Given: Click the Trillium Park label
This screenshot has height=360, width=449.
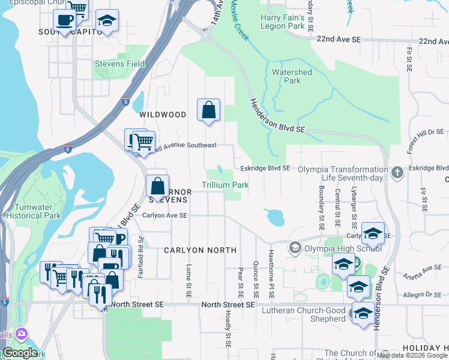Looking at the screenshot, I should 225,185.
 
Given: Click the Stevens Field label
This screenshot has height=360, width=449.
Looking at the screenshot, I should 119,64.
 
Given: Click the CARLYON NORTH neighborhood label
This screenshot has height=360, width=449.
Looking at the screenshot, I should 200,250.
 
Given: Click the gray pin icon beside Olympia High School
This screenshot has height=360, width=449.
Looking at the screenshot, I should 295,248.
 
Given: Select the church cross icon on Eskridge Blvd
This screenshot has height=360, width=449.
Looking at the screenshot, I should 397,173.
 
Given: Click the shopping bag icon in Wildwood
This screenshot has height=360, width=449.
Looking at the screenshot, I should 208,110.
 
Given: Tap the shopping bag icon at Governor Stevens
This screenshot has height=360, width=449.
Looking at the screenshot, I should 157,187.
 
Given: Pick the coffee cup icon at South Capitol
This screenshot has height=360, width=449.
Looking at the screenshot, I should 64,19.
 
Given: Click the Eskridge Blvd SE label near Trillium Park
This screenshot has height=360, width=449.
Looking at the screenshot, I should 266,169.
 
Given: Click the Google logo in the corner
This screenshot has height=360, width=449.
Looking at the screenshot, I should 19,353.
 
